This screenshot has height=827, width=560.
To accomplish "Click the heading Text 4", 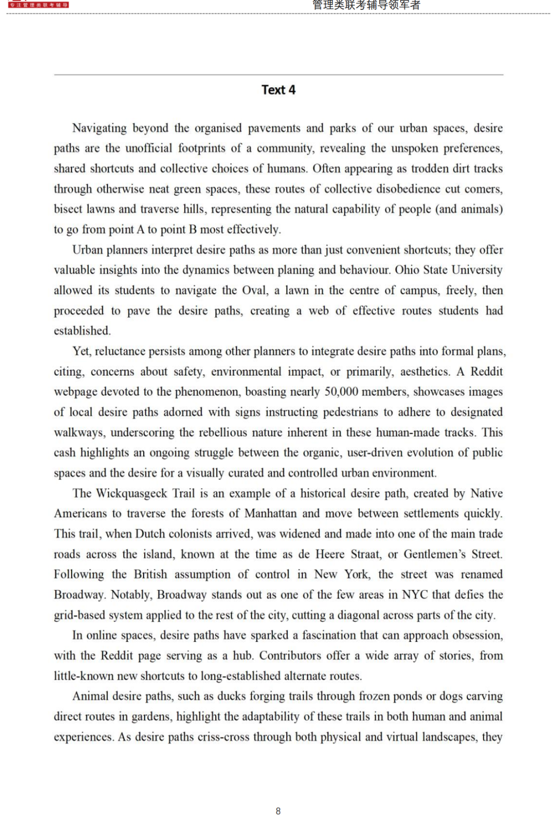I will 278,90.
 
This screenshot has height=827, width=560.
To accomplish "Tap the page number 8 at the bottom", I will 278,811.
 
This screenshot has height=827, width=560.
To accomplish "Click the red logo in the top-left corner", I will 38,5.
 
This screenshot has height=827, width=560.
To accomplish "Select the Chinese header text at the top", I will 366,5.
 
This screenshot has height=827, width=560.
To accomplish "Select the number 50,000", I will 344,392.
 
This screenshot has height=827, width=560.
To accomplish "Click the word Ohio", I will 407,270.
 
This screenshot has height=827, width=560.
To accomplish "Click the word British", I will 150,574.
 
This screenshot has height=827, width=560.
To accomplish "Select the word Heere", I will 330,554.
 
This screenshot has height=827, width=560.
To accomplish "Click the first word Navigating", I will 100,128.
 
